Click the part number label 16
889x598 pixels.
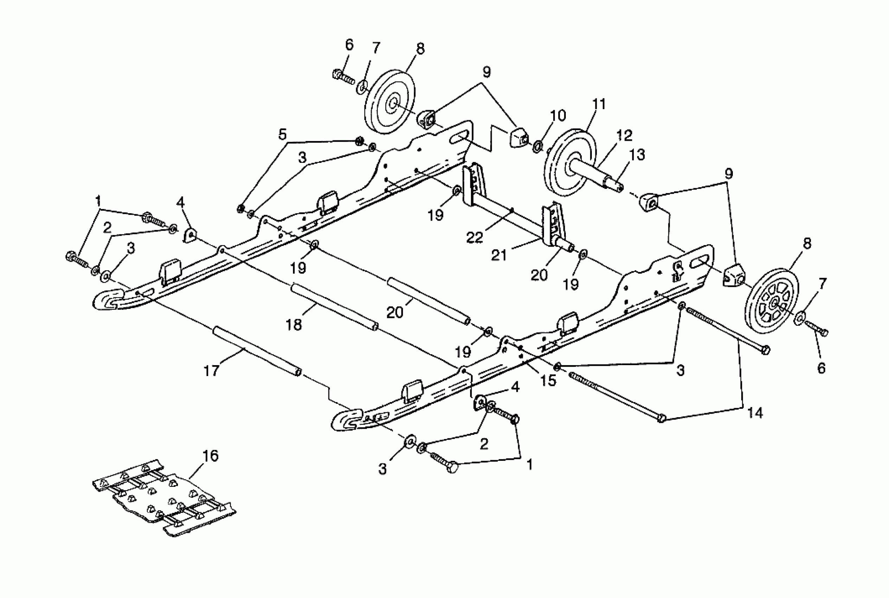[210, 456]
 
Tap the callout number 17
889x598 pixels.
[212, 370]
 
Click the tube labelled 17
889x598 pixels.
[256, 350]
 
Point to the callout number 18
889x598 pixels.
[294, 325]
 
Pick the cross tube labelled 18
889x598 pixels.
[334, 306]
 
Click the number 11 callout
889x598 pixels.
[599, 104]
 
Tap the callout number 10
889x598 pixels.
[558, 115]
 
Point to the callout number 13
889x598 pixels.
[637, 155]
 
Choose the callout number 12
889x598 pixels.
[624, 135]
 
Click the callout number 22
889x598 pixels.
[475, 237]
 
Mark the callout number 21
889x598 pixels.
[499, 255]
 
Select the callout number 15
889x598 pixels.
[548, 380]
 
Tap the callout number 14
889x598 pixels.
[755, 413]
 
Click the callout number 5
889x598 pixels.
[282, 135]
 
